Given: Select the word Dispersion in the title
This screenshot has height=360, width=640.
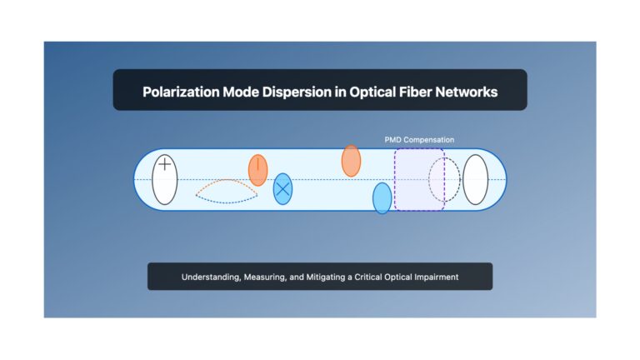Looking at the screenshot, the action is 297,92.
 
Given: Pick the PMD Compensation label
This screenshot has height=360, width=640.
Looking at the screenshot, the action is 419,140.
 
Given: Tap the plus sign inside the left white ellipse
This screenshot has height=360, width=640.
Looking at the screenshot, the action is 164,164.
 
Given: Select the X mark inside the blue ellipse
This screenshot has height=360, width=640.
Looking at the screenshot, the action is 282,189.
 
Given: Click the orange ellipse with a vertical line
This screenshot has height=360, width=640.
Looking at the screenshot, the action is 258,170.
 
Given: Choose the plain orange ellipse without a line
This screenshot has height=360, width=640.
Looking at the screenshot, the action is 351,161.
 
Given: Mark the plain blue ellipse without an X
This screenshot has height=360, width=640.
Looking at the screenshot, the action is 382,198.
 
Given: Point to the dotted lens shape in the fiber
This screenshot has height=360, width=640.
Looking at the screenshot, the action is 227,180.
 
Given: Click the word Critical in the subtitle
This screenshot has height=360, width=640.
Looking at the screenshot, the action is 368,277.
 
